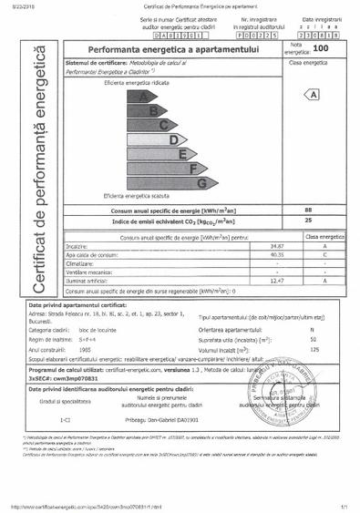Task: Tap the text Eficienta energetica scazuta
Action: point(136,196)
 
